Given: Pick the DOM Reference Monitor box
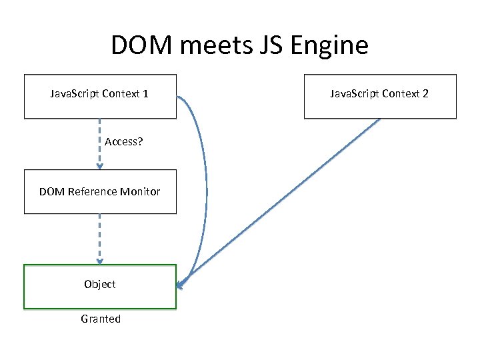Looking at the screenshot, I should (100, 191).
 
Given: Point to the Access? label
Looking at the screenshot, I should (123, 142).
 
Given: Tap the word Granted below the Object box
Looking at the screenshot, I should (101, 319).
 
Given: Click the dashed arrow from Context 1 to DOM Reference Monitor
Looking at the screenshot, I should (100, 133).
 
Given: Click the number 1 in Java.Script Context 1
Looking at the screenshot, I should (145, 93).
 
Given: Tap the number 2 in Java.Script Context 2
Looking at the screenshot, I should (425, 93).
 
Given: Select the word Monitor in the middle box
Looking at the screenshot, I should (140, 191).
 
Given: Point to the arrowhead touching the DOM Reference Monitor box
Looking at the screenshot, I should (100, 167).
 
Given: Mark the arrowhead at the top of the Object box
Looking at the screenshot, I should (100, 261).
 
